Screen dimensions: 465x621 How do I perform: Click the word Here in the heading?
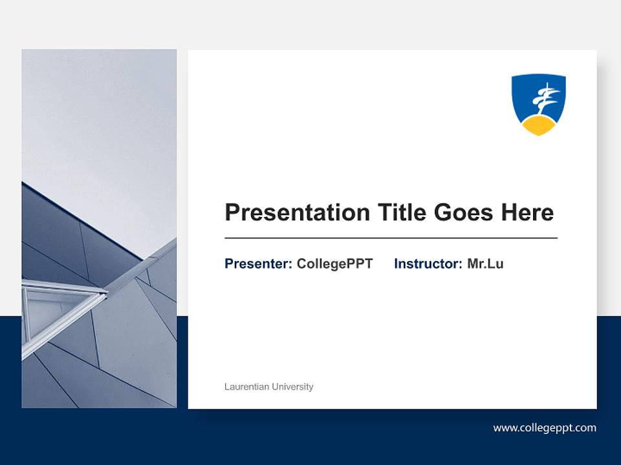526,212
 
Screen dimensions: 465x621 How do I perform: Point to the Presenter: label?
258,263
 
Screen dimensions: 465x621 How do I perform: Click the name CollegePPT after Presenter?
334,263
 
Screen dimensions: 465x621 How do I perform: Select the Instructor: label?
428,263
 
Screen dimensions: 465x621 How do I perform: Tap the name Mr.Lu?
485,263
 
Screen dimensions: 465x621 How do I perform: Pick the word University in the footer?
292,387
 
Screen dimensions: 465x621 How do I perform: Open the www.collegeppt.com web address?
545,428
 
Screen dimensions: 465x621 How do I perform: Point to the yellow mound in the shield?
539,125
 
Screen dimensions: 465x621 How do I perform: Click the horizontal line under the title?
391,238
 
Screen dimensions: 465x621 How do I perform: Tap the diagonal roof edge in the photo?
84,220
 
